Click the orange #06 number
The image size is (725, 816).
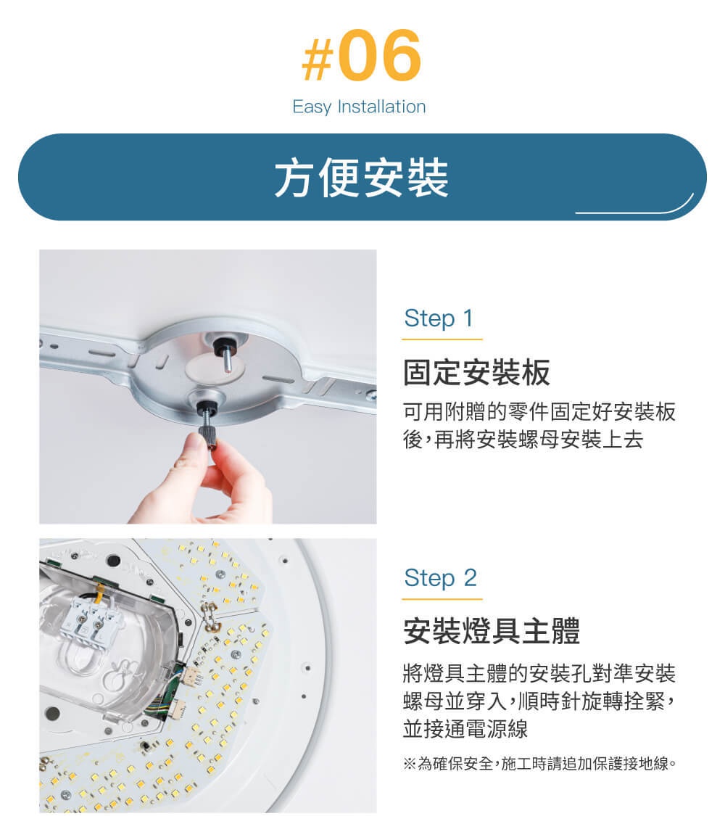point(360,56)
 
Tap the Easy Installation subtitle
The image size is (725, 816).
point(359,107)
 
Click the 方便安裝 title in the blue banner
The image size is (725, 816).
point(361,177)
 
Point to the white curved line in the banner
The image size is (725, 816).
point(638,208)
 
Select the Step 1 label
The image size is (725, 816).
point(438,318)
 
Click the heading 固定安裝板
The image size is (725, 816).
point(476,372)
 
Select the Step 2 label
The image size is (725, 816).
point(440,577)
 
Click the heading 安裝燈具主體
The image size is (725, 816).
point(492,632)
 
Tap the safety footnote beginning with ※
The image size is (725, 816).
point(539,764)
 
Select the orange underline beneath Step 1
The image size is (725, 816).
point(442,339)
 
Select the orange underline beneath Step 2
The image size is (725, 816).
point(442,599)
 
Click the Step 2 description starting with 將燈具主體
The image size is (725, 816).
point(539,701)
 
